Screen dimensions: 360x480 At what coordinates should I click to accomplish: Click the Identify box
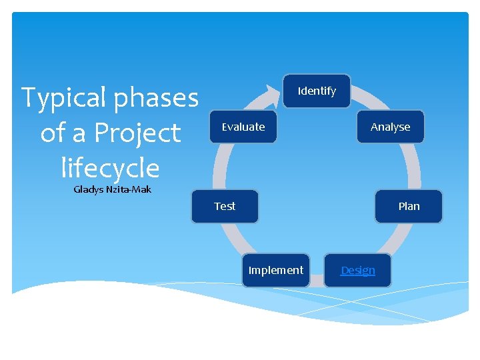[317, 91]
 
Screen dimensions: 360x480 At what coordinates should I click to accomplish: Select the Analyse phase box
[390, 127]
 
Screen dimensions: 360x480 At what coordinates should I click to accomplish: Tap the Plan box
[409, 206]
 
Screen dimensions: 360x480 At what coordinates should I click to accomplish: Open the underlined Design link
[358, 270]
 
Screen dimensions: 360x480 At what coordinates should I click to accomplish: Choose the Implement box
[275, 270]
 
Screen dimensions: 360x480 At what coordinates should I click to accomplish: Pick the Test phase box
[225, 206]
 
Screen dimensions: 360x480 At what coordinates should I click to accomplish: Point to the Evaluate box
[243, 127]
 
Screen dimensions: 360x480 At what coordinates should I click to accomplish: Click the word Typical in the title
[65, 98]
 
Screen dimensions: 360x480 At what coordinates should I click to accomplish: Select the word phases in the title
[156, 98]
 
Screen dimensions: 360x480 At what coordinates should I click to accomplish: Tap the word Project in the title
[137, 133]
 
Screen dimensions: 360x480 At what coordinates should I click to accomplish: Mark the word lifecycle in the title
[110, 168]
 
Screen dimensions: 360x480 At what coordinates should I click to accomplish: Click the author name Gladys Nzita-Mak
[112, 189]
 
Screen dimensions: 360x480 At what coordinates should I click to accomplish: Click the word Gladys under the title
[88, 189]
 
